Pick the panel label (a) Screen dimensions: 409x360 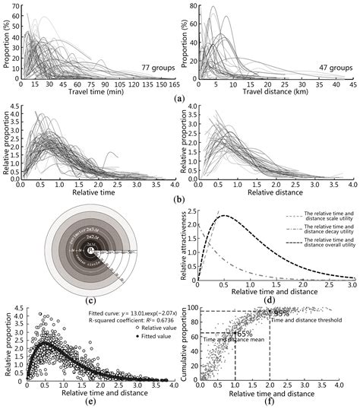coord(178,99)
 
